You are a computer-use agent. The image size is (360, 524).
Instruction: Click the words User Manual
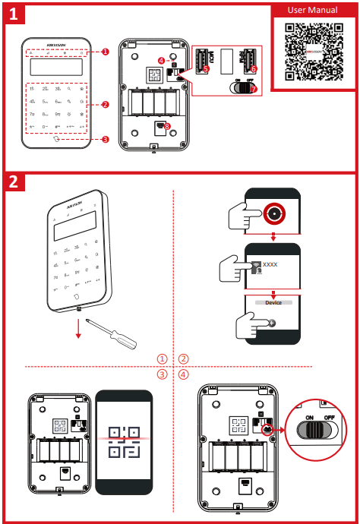tap(311, 10)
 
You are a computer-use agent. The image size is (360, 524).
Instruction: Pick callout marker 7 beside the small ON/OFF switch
tap(254, 89)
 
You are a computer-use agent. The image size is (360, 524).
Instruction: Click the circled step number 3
tap(162, 374)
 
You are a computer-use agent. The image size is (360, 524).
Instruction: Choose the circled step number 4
tap(183, 374)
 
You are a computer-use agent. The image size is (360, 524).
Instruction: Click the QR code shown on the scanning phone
tap(124, 440)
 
